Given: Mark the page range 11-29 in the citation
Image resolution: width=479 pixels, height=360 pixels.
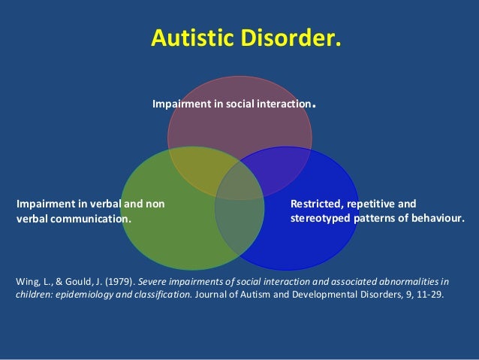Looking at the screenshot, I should (x=430, y=295).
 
